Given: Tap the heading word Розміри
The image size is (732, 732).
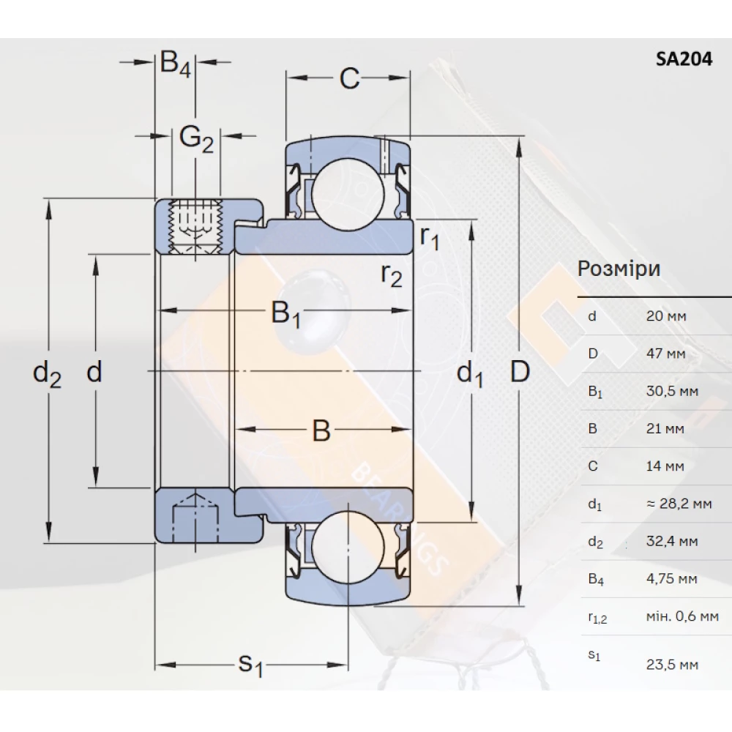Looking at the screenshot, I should (x=619, y=269).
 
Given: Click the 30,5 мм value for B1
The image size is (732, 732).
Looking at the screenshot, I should (x=672, y=391).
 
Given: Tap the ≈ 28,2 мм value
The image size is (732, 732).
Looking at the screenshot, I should (x=679, y=504).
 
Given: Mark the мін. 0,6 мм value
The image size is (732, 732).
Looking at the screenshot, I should (x=682, y=617).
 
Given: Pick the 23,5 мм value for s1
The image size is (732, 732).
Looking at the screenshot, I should (x=672, y=665).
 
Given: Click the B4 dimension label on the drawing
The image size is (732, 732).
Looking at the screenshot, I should (x=176, y=64).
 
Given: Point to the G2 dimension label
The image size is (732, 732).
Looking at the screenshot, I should (x=196, y=138).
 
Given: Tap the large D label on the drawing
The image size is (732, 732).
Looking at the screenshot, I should (x=519, y=373).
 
